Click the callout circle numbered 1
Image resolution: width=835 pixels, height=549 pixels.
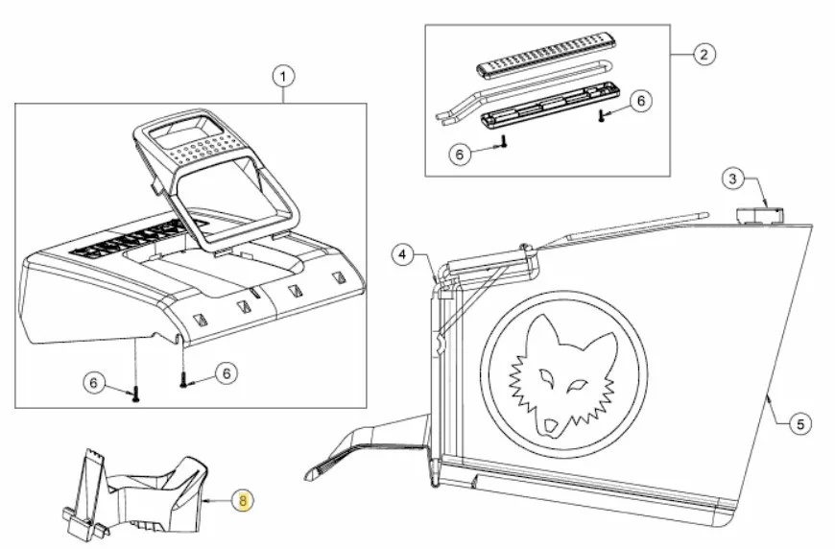tap(283, 77)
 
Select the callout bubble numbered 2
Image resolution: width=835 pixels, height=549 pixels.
tap(704, 55)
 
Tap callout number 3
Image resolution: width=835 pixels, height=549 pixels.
tap(732, 179)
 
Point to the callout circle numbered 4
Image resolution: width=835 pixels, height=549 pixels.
tap(402, 254)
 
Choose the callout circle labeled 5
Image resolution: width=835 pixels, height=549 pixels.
tap(800, 424)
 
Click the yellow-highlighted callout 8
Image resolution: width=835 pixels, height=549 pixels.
tap(243, 501)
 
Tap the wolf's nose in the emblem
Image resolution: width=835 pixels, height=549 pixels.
tap(549, 426)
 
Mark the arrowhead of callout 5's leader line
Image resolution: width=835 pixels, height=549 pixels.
tap(767, 396)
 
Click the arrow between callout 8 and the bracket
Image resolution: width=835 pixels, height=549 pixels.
tap(217, 501)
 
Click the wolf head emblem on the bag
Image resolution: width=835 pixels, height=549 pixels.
tap(563, 372)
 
